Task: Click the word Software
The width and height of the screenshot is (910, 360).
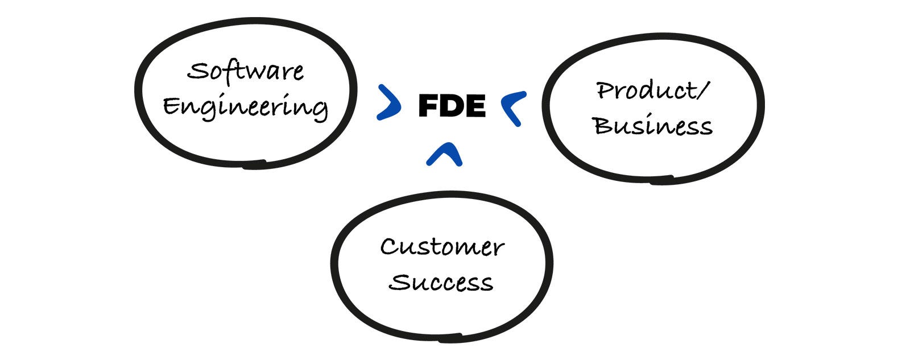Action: [x=246, y=72]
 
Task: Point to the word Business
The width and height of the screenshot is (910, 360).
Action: [x=653, y=126]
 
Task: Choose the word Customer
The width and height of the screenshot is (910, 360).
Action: [x=442, y=247]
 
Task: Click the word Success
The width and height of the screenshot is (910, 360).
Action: [x=441, y=282]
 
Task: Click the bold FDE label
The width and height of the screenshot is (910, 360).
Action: [x=452, y=106]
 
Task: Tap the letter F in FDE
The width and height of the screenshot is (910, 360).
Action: [x=428, y=106]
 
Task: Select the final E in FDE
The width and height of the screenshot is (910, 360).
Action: [x=475, y=106]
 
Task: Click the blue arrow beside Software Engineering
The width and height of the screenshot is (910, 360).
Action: [x=389, y=103]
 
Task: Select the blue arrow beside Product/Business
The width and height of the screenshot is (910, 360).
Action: [x=514, y=107]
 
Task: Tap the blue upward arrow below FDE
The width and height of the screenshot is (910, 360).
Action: [x=444, y=154]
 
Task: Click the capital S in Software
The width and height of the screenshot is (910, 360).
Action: [x=197, y=72]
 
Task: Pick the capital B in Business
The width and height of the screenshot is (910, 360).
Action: [x=604, y=126]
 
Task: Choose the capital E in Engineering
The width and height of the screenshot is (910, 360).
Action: [x=172, y=106]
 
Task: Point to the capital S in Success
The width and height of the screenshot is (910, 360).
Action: [x=400, y=282]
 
